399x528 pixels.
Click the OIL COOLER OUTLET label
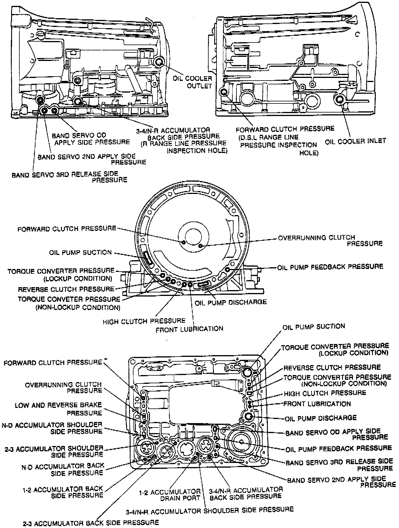click(192, 82)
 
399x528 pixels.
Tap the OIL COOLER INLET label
click(355, 141)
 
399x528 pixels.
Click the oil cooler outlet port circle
click(159, 62)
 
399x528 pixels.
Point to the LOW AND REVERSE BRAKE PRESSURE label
click(58, 409)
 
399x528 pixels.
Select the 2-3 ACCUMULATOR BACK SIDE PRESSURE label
click(91, 522)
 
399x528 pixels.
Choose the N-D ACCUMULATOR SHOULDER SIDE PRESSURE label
click(52, 428)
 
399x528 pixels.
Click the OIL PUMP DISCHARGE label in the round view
click(231, 302)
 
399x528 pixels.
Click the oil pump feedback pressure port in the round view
click(227, 269)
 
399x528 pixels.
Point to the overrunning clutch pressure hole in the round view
click(200, 246)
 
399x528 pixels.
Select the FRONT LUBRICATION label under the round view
click(189, 329)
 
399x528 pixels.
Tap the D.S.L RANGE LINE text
click(268, 137)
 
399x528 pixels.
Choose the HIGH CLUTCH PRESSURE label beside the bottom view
click(325, 393)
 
